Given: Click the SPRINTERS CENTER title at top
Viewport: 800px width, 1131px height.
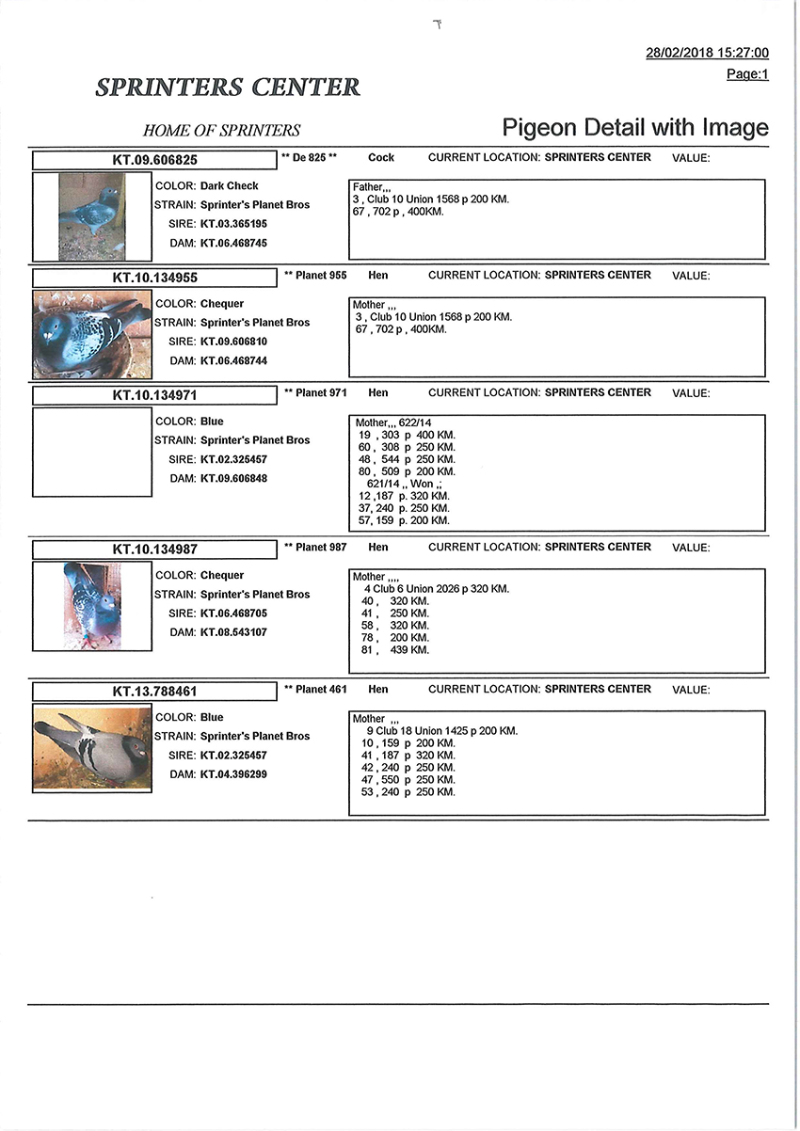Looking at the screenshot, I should (x=228, y=88).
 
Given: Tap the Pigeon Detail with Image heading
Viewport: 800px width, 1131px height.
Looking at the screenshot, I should (x=635, y=128).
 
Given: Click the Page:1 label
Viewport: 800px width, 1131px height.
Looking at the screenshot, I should (x=747, y=74).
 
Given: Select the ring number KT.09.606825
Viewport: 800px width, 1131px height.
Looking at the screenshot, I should (x=154, y=160).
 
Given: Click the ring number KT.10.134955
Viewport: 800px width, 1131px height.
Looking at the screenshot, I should (x=154, y=278).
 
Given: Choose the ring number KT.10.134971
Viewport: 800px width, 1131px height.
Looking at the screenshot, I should (x=154, y=395).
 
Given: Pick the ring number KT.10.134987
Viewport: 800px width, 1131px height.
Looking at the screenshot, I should (x=154, y=549).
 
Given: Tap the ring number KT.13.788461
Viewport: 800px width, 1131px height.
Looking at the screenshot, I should (x=154, y=692).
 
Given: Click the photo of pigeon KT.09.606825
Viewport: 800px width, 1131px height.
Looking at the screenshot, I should (x=91, y=216).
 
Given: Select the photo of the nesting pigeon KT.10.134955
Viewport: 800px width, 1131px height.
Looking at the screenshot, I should (x=91, y=334).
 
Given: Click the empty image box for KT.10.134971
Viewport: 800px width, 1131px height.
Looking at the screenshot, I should (x=91, y=452).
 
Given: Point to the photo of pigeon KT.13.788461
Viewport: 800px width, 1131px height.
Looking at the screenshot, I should (x=91, y=750).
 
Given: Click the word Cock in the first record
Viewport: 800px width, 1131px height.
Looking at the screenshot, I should (x=381, y=157).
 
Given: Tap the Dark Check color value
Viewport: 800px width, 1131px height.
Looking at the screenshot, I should (x=229, y=186).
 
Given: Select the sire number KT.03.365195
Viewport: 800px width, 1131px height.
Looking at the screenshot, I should (x=233, y=224).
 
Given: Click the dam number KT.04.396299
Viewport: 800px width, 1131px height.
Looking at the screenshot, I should (x=233, y=774).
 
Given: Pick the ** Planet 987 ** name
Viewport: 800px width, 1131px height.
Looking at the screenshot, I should (x=315, y=547).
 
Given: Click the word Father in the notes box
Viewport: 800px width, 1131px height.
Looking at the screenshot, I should (x=368, y=187).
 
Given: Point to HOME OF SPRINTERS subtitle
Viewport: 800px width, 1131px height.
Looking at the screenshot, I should (x=221, y=131).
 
